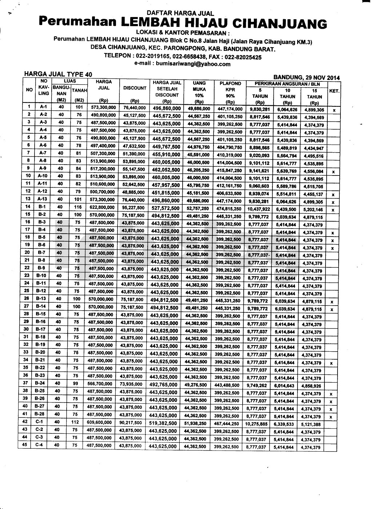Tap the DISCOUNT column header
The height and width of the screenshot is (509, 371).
pos(135,88)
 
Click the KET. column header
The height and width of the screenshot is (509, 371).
pos(334,91)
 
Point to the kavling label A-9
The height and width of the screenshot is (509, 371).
pos(41,168)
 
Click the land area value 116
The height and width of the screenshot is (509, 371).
pos(79,207)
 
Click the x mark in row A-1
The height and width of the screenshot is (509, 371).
pos(333,110)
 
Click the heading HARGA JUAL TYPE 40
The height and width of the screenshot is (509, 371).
pos(58,74)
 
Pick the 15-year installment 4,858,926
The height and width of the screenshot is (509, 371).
pos(311,386)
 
